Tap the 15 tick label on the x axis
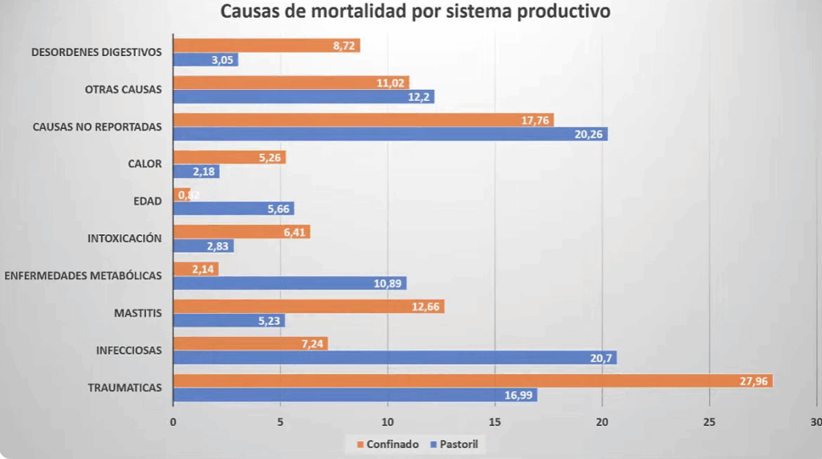[495, 422]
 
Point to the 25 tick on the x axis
[710, 422]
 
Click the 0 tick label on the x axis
[173, 422]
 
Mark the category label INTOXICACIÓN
[124, 238]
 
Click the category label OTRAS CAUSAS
[123, 89]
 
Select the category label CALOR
[144, 164]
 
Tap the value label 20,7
[601, 358]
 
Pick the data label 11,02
[392, 82]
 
